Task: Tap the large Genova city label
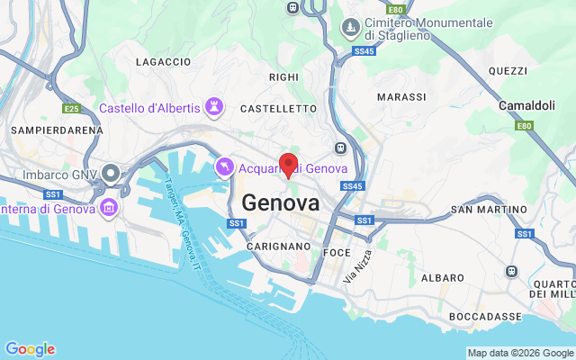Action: pyautogui.click(x=280, y=202)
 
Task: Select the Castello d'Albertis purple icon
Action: pyautogui.click(x=214, y=108)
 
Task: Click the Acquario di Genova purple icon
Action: pyautogui.click(x=224, y=167)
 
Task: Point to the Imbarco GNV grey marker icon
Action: pyautogui.click(x=111, y=173)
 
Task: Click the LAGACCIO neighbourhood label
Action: pyautogui.click(x=163, y=62)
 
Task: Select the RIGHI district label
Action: pyautogui.click(x=283, y=77)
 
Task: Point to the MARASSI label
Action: pyautogui.click(x=401, y=96)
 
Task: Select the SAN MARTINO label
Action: pyautogui.click(x=489, y=210)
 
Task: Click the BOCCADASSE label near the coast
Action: pyautogui.click(x=485, y=317)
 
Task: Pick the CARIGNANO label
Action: pyautogui.click(x=280, y=246)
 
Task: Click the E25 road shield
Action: pyautogui.click(x=72, y=109)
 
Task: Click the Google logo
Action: pyautogui.click(x=30, y=349)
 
